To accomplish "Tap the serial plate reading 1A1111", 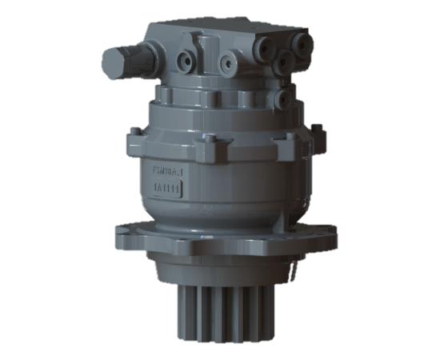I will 168,188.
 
